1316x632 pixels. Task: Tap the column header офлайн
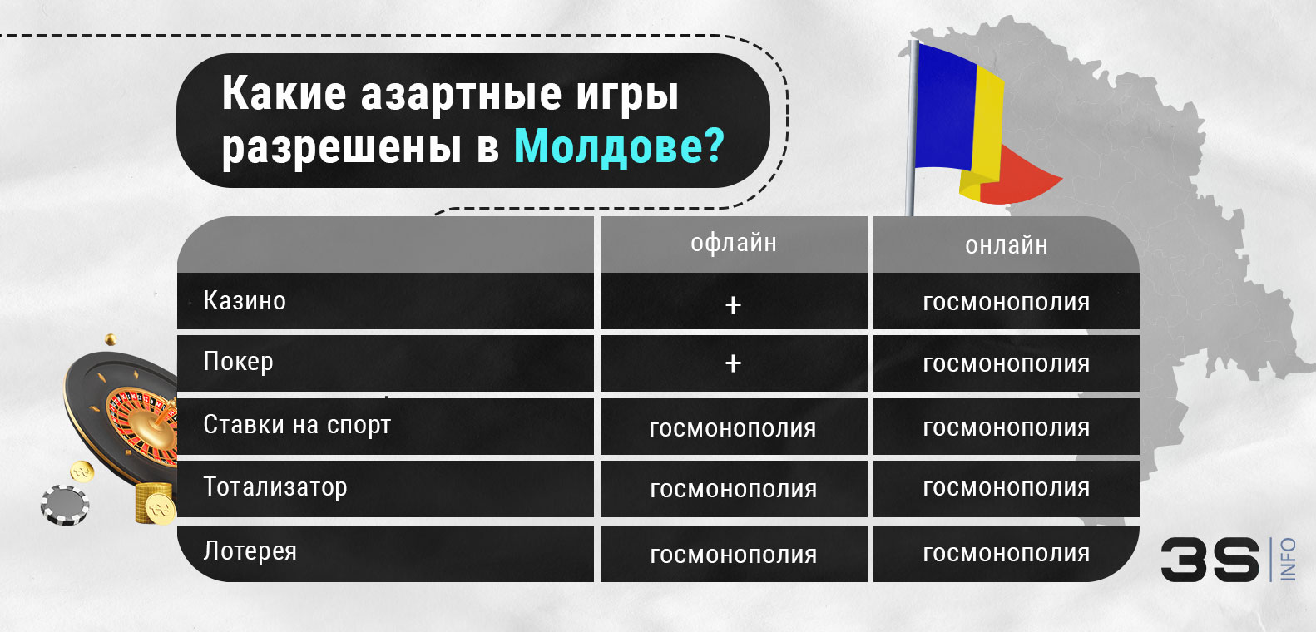(733, 243)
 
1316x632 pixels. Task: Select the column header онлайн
(1006, 245)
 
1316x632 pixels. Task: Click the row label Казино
(245, 300)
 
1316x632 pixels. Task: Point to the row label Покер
(238, 363)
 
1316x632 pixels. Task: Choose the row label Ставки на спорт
(297, 425)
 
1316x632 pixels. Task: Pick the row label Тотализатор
(275, 487)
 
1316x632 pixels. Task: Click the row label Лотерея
(250, 551)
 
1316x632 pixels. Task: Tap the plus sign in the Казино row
(733, 305)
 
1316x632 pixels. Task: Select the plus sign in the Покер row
(733, 363)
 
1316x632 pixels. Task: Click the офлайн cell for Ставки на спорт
(732, 428)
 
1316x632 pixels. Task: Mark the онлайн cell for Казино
(1006, 303)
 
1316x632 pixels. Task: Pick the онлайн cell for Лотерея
(1006, 553)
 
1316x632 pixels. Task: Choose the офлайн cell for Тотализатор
(733, 489)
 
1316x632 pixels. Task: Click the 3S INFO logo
(1226, 559)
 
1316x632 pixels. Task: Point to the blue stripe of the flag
(943, 104)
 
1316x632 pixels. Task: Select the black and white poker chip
(65, 505)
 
